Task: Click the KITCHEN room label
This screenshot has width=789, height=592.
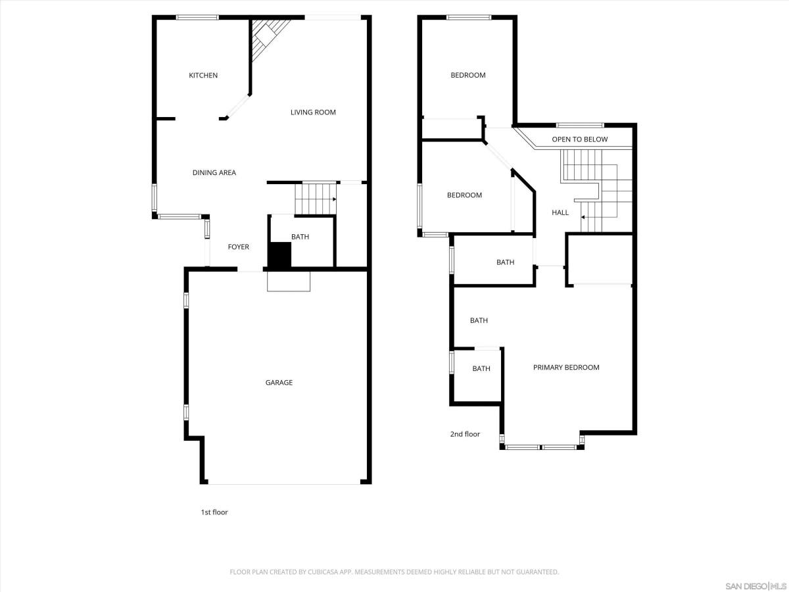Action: pos(203,75)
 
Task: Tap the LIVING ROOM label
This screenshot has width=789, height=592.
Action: pos(313,112)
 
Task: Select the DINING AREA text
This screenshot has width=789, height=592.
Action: pos(214,172)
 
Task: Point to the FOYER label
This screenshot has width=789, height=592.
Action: pos(238,247)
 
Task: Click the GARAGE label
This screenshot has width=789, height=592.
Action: pos(279,382)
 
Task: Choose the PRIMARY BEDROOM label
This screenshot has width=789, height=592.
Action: pos(566,367)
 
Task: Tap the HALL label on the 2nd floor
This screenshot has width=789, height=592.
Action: pos(560,212)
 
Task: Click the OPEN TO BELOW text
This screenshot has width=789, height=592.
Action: pos(580,139)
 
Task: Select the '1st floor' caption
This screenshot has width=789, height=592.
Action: pos(214,512)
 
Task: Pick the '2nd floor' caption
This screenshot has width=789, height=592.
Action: pos(465,434)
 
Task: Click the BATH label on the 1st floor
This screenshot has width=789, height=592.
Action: pos(300,237)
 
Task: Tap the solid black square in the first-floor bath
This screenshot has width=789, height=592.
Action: pos(280,255)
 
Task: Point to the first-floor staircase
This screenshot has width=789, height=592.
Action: pos(316,199)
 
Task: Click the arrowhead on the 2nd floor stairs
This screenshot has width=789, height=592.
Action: pos(583,217)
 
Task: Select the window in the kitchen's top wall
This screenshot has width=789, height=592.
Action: pos(197,17)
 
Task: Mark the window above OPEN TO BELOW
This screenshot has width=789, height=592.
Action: pos(580,125)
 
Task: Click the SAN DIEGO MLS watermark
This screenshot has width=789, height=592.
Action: pos(755,586)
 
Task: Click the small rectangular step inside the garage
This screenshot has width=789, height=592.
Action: pos(289,281)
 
